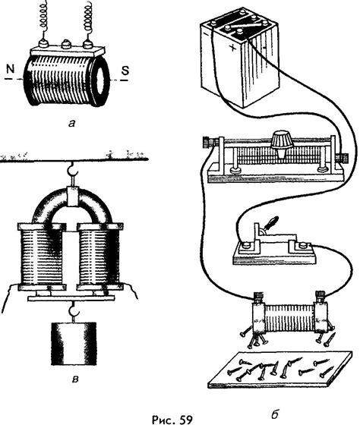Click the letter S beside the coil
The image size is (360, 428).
tap(125, 71)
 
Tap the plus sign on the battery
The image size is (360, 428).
tap(232, 48)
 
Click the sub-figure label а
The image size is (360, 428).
tap(71, 124)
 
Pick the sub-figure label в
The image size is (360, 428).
tap(75, 379)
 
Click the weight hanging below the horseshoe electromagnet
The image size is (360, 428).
tap(74, 344)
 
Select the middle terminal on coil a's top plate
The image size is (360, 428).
tap(65, 44)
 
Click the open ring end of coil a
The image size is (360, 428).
tap(100, 81)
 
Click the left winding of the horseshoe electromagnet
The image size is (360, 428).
tap(42, 256)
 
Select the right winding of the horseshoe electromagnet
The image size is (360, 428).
tap(99, 256)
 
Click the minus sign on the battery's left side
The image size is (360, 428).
tap(205, 36)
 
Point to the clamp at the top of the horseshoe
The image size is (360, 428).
tap(73, 197)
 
